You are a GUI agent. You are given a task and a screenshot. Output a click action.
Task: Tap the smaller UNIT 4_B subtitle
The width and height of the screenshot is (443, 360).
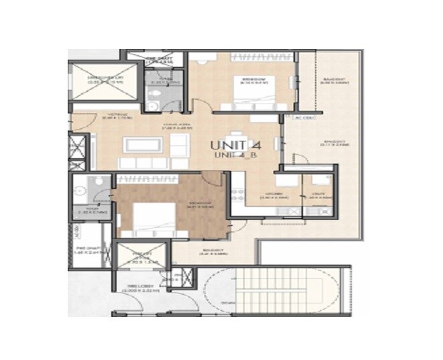236,156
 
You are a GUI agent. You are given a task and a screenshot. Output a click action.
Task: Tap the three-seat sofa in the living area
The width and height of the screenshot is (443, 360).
143,163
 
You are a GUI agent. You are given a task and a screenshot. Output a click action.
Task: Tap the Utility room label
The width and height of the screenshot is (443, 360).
316,196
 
